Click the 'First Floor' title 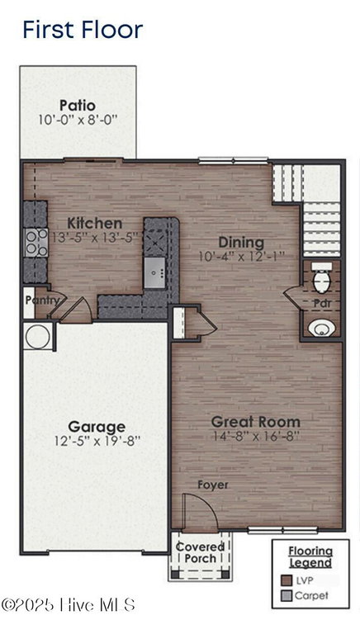83,30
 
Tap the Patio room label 78,106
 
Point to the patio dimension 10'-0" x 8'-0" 78,120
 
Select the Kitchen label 95,223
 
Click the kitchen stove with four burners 36,242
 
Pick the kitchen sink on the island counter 154,272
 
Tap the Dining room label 241,243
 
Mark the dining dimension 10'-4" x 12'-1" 242,257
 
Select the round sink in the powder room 321,328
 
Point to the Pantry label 42,300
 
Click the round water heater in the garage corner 38,336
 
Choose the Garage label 97,427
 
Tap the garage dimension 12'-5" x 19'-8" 97,441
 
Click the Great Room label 256,422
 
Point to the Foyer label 213,485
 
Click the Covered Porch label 200,553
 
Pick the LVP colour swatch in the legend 287,580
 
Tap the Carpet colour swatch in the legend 287,595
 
